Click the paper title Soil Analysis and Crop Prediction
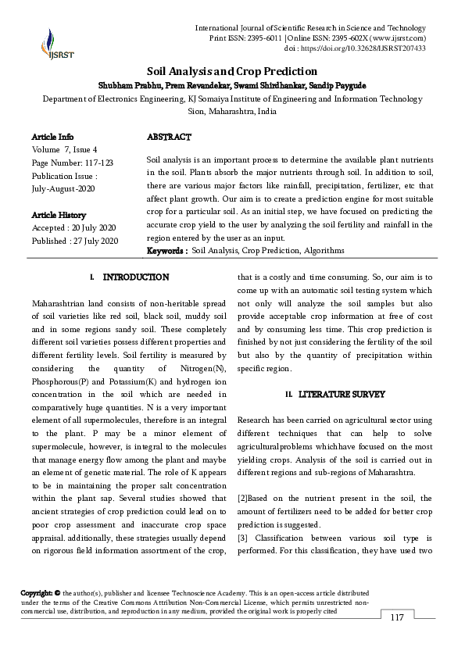pos(231,70)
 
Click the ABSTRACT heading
pos(169,137)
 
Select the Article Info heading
pos(53,137)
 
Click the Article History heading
pos(59,213)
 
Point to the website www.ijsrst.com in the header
pos(398,38)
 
